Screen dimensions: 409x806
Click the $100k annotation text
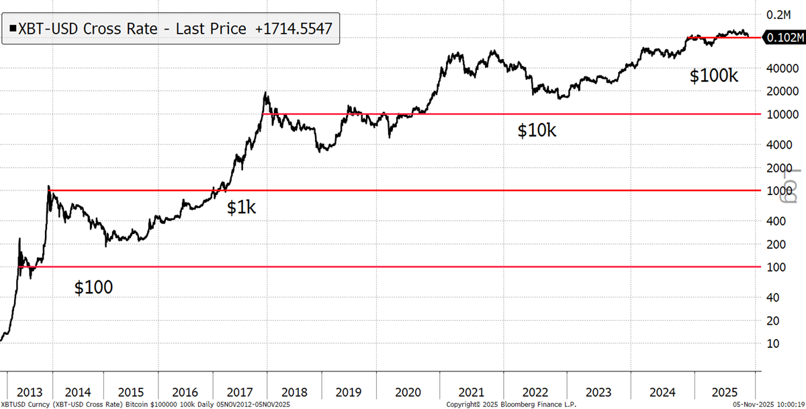pyautogui.click(x=714, y=76)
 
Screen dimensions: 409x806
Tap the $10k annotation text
pyautogui.click(x=537, y=131)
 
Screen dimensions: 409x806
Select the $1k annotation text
pyautogui.click(x=241, y=208)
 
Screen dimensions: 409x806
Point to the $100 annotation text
pyautogui.click(x=93, y=288)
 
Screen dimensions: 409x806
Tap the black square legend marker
pyautogui.click(x=13, y=29)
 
